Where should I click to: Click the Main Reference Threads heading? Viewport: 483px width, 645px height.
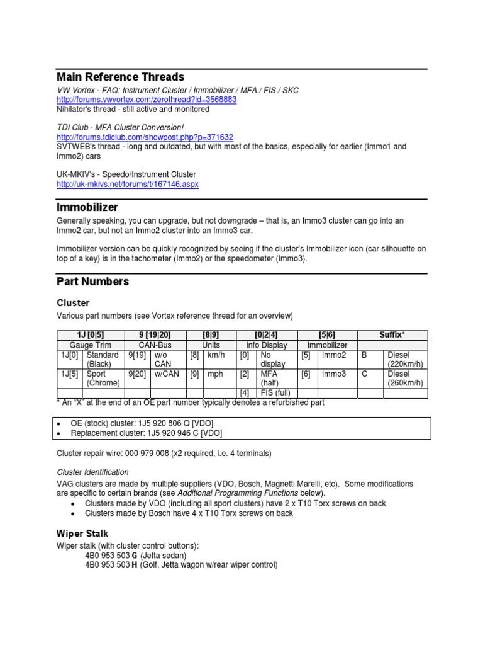[120, 77]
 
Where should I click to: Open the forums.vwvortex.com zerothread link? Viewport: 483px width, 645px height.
[147, 100]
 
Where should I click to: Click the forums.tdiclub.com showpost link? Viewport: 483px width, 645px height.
[145, 137]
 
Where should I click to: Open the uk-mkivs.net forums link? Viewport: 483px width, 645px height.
[128, 184]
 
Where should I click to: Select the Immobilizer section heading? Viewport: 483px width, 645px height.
[87, 207]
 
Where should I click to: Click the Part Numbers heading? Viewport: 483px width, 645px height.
[92, 281]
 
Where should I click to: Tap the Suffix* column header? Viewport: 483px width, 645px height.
[392, 335]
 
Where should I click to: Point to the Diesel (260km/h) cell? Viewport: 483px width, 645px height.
[406, 378]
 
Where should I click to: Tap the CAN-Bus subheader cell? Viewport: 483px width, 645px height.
[154, 345]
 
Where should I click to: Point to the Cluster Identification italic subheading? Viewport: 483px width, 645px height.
[92, 472]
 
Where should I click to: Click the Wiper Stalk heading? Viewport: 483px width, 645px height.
[82, 534]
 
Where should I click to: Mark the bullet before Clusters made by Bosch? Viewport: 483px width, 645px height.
[74, 513]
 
